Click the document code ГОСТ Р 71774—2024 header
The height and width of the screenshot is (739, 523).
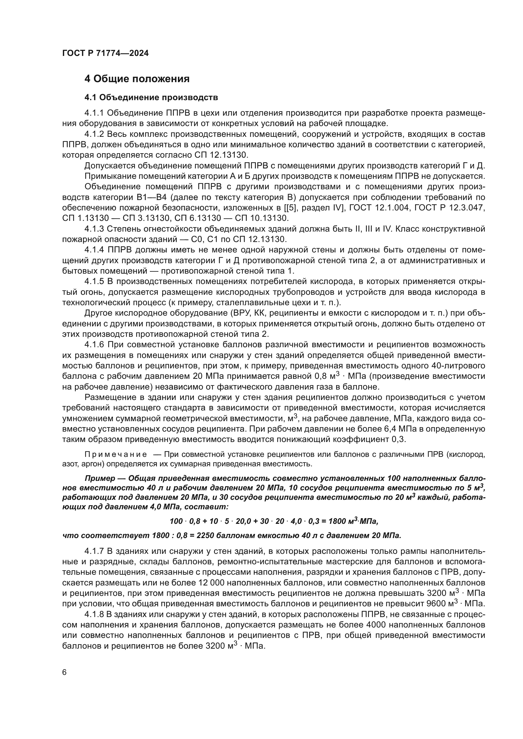(105, 53)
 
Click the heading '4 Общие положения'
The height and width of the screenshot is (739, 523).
(137, 79)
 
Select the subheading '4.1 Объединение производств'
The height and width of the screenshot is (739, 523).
(151, 97)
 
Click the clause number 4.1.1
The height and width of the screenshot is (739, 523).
(94, 113)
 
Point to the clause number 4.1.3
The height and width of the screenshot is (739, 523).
(94, 229)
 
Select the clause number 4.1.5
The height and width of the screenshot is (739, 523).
(94, 282)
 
